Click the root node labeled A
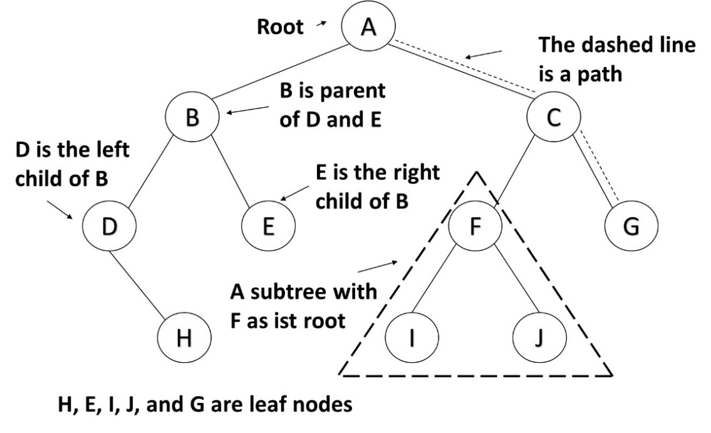(x=369, y=27)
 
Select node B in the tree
(x=192, y=117)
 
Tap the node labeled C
(x=553, y=117)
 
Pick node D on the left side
(x=109, y=226)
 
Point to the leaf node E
(x=268, y=226)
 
